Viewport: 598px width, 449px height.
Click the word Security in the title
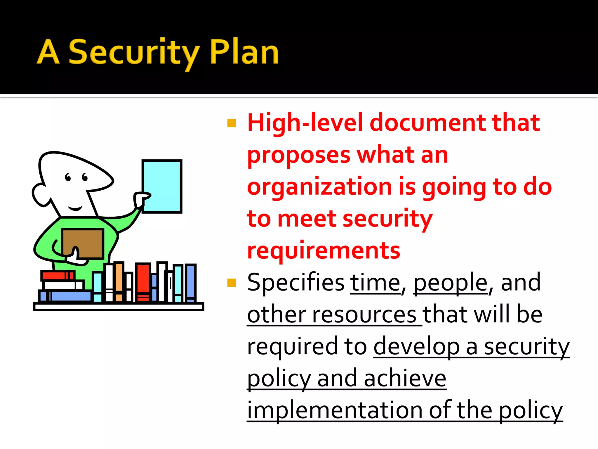pos(134,53)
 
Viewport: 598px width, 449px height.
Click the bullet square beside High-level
pos(231,123)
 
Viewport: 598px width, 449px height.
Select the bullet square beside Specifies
pos(231,283)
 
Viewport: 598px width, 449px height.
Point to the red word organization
pos(319,187)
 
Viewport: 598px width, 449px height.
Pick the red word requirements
pos(324,251)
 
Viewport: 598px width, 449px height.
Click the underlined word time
pos(375,283)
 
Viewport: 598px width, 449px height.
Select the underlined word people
pos(451,283)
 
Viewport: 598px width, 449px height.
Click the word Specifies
pos(295,283)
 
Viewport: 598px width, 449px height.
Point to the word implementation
pos(334,410)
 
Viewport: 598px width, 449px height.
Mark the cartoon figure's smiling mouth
pos(75,208)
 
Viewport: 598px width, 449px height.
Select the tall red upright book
pos(143,282)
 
